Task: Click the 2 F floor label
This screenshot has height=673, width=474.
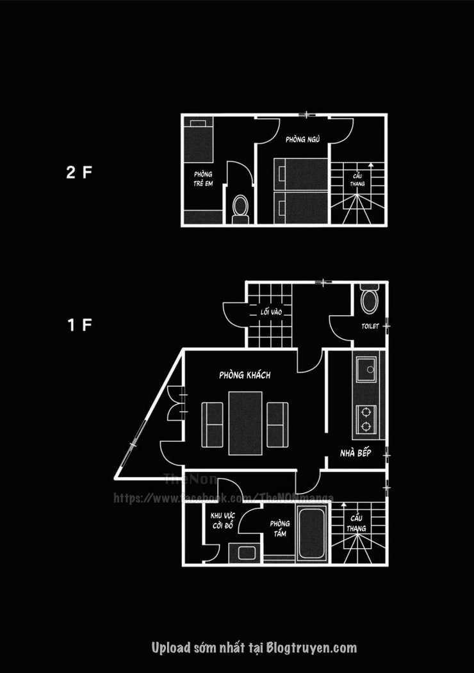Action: tap(79, 172)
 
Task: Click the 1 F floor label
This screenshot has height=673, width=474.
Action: tap(79, 325)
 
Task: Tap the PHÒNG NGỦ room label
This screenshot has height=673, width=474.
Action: tap(303, 139)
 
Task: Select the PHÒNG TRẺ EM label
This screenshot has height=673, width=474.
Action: tap(203, 179)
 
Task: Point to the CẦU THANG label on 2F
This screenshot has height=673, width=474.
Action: tap(357, 179)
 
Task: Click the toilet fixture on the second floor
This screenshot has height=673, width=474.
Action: tap(240, 209)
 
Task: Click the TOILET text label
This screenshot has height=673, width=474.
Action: tap(370, 327)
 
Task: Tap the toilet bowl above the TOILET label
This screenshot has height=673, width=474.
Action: tap(370, 301)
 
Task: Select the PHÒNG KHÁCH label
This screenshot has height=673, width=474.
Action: tap(245, 375)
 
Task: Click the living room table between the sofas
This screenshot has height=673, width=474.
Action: tap(245, 423)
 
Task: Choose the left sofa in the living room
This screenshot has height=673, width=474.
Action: tap(212, 424)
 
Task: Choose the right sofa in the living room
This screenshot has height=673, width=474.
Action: tap(277, 424)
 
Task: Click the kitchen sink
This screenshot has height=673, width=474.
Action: tap(367, 369)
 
